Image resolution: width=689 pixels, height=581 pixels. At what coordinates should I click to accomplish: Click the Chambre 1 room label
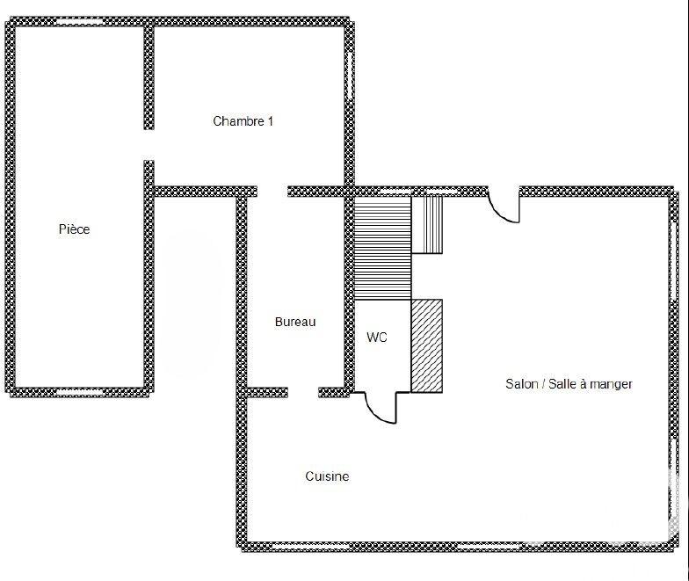coord(243,121)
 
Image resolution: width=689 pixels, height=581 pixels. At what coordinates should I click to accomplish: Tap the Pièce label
coord(74,229)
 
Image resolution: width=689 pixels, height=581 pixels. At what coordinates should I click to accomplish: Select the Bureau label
coord(294,323)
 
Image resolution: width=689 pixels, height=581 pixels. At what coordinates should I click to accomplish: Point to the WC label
coord(377,338)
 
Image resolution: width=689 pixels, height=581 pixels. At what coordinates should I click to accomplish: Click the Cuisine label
coord(327,476)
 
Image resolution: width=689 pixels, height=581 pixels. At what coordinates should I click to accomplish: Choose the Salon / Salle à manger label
coord(569,384)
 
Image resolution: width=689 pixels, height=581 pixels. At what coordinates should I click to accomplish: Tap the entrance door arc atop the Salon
coord(502,208)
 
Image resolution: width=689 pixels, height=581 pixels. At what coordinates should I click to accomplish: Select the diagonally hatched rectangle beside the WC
coord(426,345)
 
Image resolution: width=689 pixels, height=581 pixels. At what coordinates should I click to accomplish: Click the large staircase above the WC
coord(382,248)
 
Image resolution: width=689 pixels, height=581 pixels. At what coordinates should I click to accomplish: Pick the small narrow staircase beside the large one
coord(427,224)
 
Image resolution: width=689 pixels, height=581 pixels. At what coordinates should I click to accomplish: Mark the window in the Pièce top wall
coord(80,20)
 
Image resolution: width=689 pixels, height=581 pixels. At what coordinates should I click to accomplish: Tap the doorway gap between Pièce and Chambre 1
coord(149,145)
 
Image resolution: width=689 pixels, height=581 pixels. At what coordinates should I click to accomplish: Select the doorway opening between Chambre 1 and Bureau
coord(272,191)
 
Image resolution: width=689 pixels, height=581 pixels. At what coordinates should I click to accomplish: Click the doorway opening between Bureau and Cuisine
coord(302,392)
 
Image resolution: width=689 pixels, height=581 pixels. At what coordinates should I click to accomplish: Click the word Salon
coord(521,384)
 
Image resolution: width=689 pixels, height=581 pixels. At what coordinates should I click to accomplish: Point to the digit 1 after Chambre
coord(270,121)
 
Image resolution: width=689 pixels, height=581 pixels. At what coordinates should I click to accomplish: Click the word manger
coord(613,384)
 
